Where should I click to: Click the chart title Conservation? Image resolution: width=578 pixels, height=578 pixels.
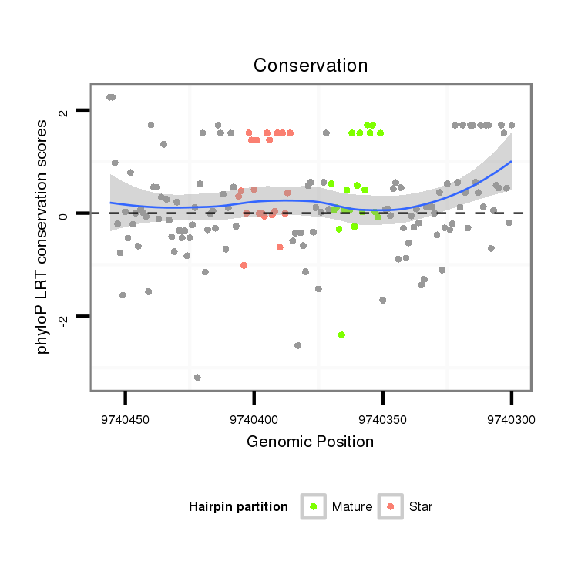[x=311, y=66]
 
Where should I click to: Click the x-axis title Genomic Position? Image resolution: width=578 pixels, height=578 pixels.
[x=311, y=442]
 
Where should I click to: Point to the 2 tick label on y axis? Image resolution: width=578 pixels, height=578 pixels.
[x=64, y=112]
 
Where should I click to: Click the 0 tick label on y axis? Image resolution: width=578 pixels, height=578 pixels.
[x=64, y=214]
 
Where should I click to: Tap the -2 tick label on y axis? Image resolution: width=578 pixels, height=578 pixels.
[x=64, y=318]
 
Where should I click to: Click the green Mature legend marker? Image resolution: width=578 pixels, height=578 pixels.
[x=314, y=506]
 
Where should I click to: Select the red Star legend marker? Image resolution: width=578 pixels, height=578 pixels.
[x=391, y=506]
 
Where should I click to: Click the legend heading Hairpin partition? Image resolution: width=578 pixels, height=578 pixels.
[x=238, y=507]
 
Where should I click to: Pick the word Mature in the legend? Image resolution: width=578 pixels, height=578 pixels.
[x=352, y=507]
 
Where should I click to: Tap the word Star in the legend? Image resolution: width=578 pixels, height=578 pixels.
[x=422, y=507]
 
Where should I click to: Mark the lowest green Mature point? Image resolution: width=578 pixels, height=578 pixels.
[x=341, y=334]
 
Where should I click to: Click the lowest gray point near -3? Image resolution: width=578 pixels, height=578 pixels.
[x=198, y=377]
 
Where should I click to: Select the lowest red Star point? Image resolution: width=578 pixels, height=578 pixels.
[x=244, y=265]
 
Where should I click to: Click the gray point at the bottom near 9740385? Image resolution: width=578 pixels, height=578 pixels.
[x=298, y=345]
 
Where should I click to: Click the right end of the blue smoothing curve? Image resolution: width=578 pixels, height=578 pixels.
[x=511, y=162]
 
